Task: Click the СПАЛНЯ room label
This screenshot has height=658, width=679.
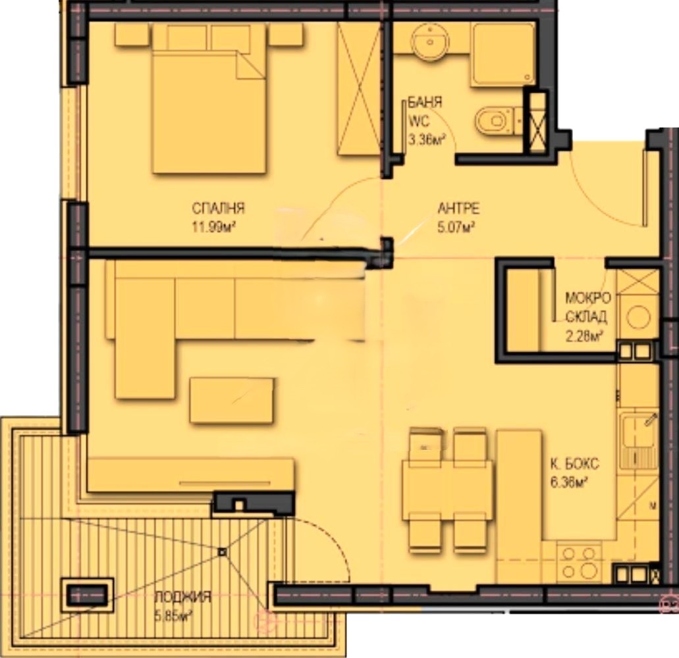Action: pos(218,208)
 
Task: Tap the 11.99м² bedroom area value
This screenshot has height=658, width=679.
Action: pos(215,227)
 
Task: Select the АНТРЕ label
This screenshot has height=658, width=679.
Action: pos(458,209)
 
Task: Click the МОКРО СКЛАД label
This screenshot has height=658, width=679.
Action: pos(587,307)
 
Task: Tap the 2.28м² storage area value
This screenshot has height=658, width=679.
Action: pos(584,336)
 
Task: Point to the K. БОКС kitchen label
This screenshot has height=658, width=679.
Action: pos(575,464)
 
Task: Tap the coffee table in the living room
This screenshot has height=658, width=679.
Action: pos(232,401)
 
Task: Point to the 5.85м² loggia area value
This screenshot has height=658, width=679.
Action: pos(174,615)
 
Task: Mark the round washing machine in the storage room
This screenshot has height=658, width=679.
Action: pos(638,317)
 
